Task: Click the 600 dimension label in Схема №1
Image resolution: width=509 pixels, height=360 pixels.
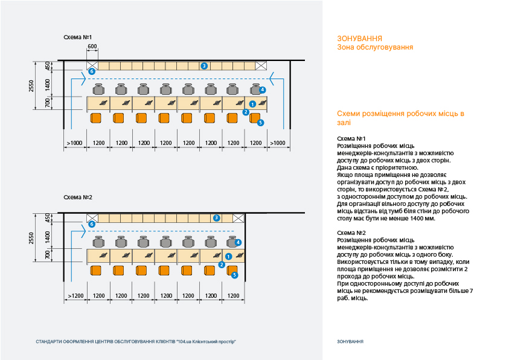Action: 92,47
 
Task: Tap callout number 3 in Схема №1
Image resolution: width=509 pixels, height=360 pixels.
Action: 204,65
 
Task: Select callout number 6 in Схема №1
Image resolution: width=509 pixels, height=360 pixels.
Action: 92,71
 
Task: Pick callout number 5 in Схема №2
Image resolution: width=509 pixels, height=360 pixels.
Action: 234,275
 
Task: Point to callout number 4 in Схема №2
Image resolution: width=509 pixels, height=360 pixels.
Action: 238,242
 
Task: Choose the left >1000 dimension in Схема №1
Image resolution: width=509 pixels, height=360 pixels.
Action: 75,143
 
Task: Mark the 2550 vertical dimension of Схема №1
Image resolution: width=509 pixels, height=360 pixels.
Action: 32,86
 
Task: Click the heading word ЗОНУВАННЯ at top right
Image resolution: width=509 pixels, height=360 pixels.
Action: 359,39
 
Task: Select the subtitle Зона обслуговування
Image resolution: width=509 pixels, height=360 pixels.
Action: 375,47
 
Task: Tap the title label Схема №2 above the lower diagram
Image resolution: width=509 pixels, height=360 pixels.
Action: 78,198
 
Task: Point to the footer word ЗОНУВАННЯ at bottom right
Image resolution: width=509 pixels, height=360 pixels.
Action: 350,341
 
